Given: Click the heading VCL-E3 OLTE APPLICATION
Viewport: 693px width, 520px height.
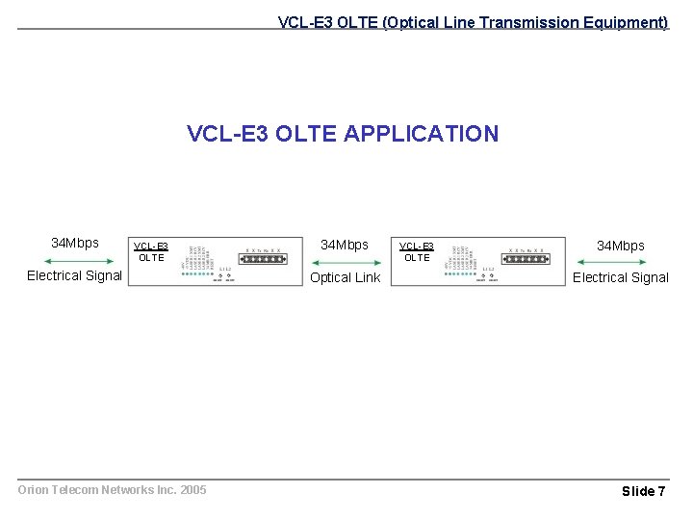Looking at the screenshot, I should click(343, 134).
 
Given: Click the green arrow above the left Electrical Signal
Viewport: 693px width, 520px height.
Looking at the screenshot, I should click(75, 261).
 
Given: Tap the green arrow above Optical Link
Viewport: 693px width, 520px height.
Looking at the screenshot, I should click(345, 262).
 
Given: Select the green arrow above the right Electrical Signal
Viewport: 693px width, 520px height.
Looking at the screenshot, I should click(621, 262).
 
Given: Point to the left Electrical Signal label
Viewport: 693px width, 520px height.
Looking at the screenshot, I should click(75, 276).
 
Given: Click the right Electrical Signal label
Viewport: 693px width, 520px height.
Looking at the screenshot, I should click(621, 278).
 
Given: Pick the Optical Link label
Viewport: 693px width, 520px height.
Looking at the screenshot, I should click(345, 278).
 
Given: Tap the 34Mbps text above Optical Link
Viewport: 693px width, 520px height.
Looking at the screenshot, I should click(345, 246).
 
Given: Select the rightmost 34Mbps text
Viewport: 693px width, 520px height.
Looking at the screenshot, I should click(621, 247).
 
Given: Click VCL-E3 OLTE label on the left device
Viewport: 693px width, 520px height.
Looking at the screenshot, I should click(151, 252).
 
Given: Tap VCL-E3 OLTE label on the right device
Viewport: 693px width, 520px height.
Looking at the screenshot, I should click(417, 252).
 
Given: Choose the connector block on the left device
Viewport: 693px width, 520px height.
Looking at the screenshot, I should click(264, 260).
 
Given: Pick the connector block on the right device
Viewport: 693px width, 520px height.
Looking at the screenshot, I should click(528, 260).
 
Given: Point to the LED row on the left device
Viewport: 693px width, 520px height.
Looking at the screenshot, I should click(198, 273).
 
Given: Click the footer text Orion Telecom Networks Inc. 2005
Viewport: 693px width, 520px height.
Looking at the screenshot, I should click(113, 490).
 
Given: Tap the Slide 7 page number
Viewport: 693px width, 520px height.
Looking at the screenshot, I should click(643, 491).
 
